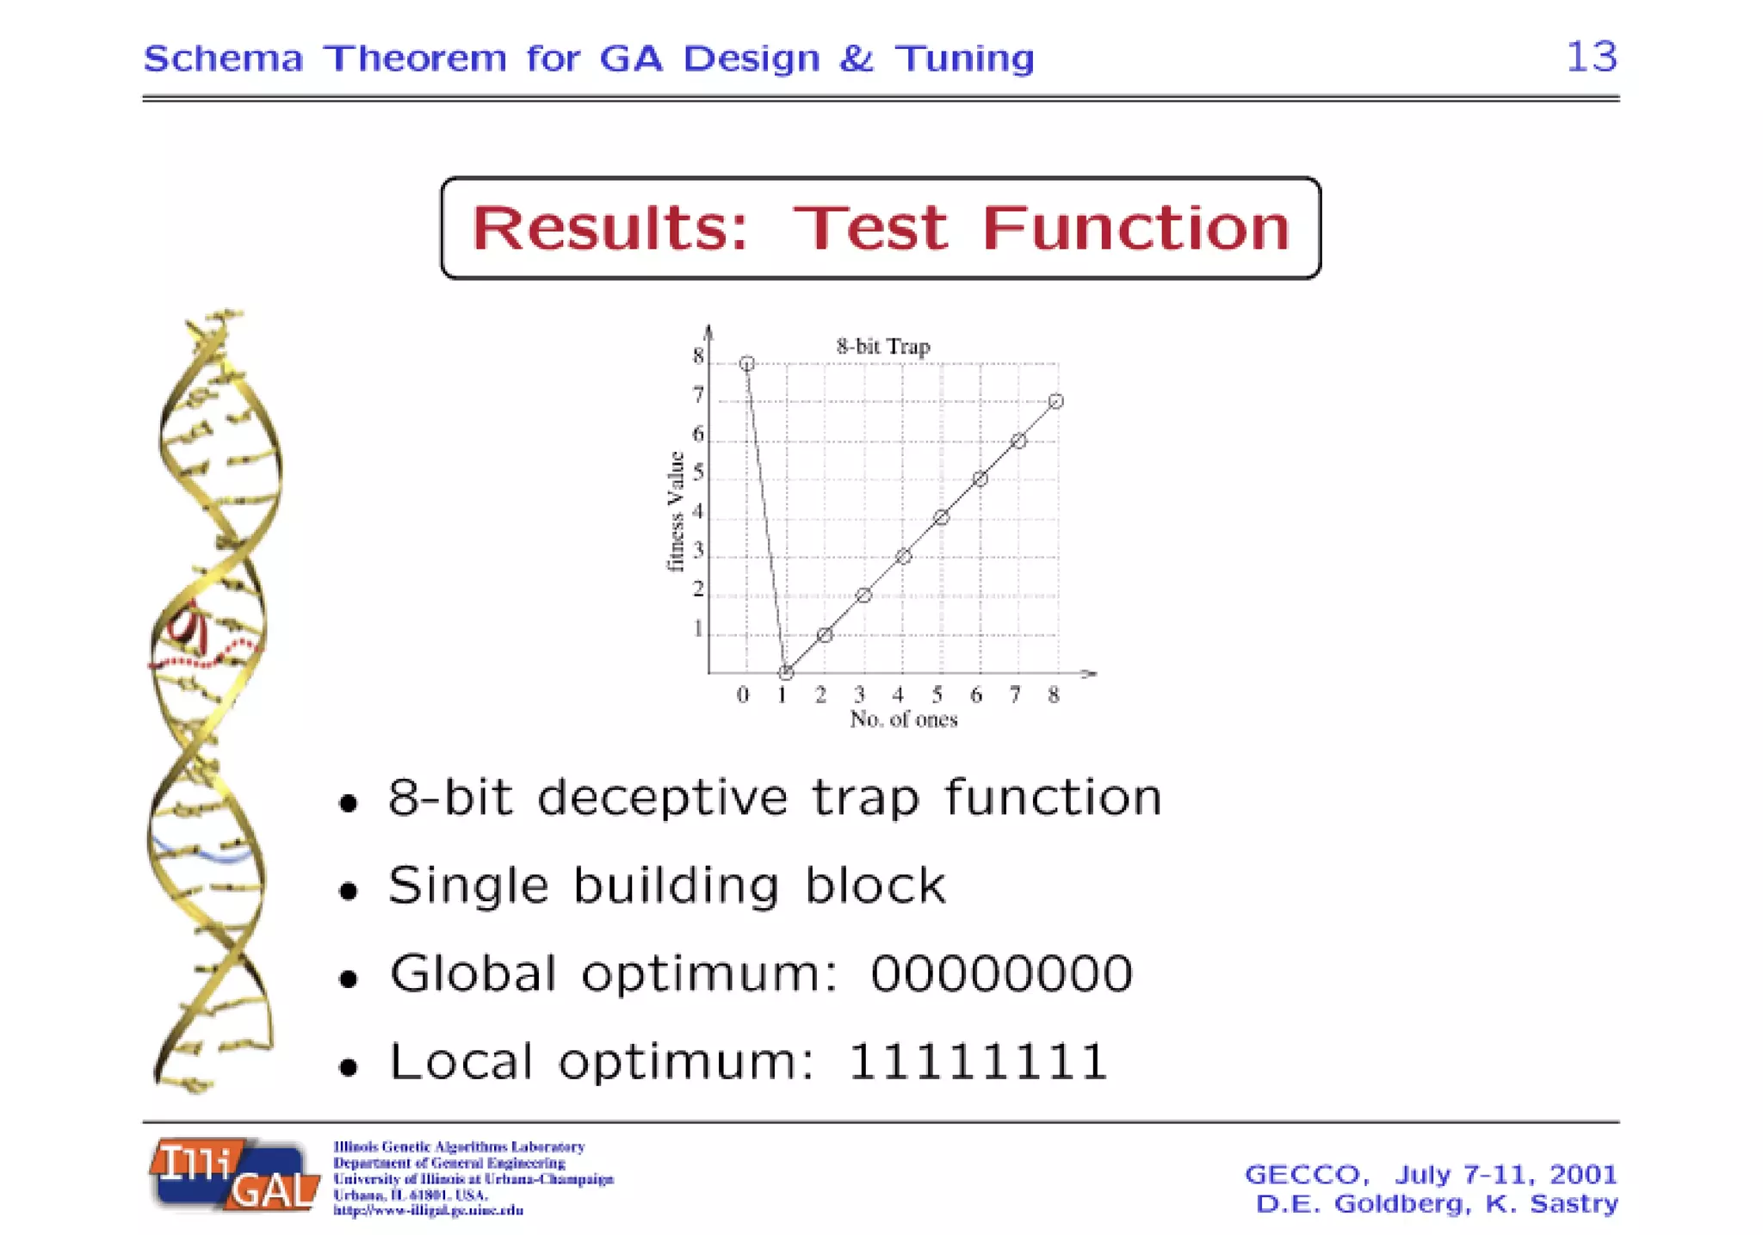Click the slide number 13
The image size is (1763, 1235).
pyautogui.click(x=1591, y=57)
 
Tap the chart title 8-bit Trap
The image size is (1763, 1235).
pyautogui.click(x=883, y=347)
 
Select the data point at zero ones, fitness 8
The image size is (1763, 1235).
pyautogui.click(x=747, y=364)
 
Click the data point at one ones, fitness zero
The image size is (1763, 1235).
pyautogui.click(x=786, y=673)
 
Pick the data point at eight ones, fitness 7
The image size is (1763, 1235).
pyautogui.click(x=1056, y=402)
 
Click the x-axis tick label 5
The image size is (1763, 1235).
pyautogui.click(x=937, y=695)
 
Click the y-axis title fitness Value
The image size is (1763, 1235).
pyautogui.click(x=676, y=511)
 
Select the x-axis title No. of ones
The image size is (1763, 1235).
pyautogui.click(x=904, y=719)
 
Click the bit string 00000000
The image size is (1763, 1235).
pyautogui.click(x=1001, y=974)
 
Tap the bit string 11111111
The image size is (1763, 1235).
pyautogui.click(x=978, y=1061)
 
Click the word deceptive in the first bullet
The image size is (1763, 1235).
pyautogui.click(x=662, y=798)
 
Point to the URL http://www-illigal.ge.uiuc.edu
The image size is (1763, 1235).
pyautogui.click(x=428, y=1211)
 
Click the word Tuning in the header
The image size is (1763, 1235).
pyautogui.click(x=964, y=59)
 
